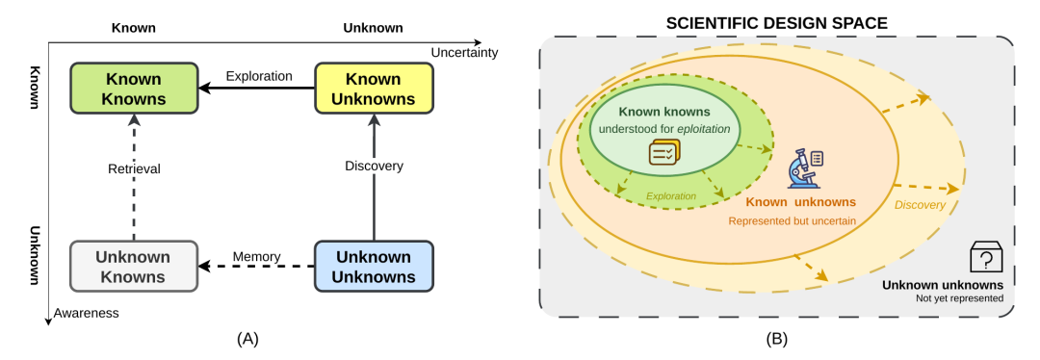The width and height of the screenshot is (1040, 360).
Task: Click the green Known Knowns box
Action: coord(134,89)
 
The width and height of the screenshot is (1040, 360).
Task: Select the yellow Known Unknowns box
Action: coord(374,89)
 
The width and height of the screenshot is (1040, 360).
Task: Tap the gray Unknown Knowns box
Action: coord(134,266)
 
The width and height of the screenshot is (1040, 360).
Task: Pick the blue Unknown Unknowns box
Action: coord(374,266)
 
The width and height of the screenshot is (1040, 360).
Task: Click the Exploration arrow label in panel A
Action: coord(259,76)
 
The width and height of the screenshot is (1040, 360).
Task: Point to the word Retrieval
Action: coord(134,169)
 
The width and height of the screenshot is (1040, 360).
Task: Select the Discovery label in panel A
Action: coord(374,167)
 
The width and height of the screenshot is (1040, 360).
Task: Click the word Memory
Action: coord(257,256)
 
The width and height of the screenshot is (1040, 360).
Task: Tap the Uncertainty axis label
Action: coord(464,52)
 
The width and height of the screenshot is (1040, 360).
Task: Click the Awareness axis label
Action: coord(87,313)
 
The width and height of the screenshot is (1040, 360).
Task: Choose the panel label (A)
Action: coord(247,340)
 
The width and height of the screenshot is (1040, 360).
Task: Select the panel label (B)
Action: coord(777,340)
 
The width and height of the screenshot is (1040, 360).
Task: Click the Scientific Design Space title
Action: coord(777,24)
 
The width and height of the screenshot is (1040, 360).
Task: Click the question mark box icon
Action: coord(986,257)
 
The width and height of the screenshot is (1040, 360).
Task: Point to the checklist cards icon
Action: coord(663,153)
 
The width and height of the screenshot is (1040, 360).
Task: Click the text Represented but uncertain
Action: coord(792,220)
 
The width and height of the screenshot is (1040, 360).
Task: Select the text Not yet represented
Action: coord(967,298)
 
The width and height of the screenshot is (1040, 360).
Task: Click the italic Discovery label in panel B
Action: coord(920,205)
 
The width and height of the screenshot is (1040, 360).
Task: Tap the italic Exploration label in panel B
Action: coord(671,196)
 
